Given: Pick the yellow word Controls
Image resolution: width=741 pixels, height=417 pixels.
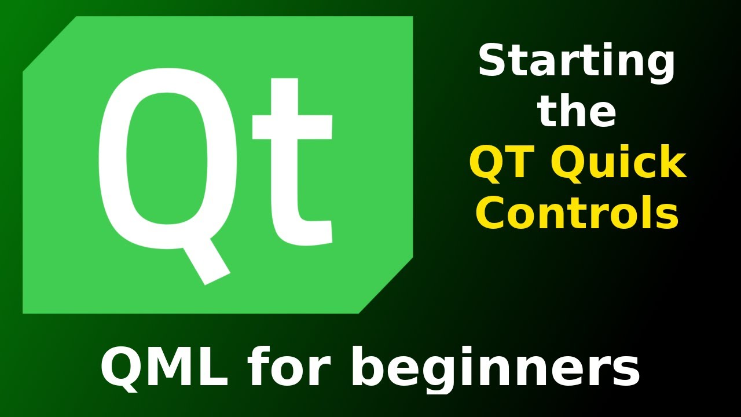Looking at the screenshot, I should click(x=577, y=213).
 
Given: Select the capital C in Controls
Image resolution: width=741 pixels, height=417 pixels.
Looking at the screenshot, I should click(x=491, y=213).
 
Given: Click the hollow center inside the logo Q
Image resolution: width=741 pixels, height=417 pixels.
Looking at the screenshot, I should click(x=167, y=159).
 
